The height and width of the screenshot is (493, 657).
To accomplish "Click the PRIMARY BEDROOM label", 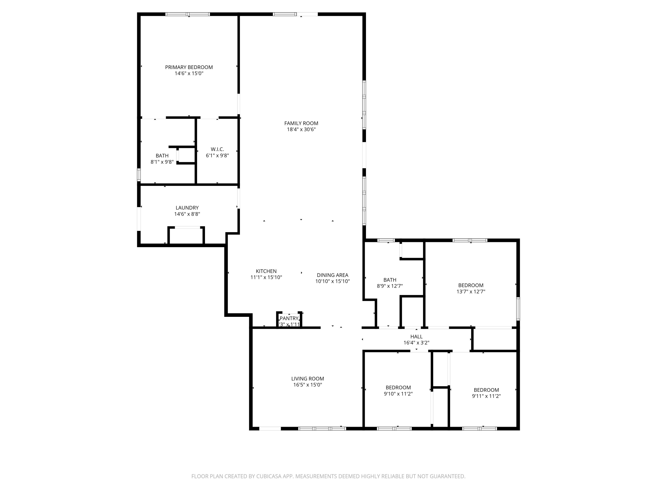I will click(x=189, y=67).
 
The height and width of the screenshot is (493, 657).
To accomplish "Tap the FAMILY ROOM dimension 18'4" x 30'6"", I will click(x=301, y=129).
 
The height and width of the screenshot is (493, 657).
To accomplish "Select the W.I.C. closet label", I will click(x=217, y=149).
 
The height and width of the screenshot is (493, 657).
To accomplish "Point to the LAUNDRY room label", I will click(x=187, y=208).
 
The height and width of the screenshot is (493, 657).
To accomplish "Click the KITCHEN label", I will click(x=266, y=271).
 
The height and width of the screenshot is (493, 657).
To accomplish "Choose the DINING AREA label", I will click(x=332, y=275).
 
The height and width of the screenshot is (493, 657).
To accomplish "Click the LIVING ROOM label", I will click(x=307, y=379).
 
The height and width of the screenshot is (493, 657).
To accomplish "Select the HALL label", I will click(x=416, y=336).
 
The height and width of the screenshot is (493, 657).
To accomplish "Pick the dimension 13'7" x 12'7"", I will click(x=471, y=291).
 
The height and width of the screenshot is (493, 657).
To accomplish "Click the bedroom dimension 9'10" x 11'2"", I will click(x=398, y=394).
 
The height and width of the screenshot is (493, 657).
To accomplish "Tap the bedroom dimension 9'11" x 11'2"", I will click(x=486, y=396).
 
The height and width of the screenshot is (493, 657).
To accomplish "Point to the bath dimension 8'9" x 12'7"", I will click(x=390, y=286).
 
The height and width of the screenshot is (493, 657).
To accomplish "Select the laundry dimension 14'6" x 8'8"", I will click(x=187, y=214).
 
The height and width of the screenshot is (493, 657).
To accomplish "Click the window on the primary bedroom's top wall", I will click(x=188, y=14).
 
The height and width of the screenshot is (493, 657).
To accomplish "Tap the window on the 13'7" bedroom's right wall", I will click(x=518, y=309).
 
